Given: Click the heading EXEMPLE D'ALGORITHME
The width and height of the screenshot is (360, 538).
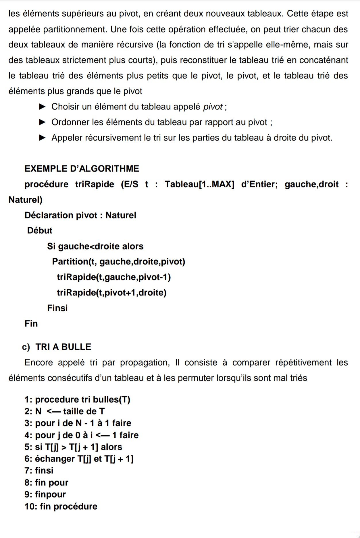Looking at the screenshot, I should coord(82,168).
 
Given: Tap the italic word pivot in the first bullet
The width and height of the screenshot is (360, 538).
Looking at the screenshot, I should coord(213,107).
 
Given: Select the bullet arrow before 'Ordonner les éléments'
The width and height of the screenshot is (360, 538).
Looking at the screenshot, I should coord(42,122).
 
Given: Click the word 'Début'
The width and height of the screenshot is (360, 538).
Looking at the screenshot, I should coord(40,230).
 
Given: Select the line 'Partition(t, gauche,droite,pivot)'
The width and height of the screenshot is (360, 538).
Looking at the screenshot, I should coord(118,262).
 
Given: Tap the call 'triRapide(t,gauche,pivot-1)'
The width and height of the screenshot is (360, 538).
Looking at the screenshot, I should coord(114,277).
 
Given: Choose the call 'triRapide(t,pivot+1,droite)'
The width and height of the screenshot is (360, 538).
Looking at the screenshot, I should coord(111,293).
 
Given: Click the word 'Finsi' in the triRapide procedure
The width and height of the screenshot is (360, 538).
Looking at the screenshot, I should coord(57,308).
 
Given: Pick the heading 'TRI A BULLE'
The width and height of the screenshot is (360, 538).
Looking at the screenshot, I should coord(63,347).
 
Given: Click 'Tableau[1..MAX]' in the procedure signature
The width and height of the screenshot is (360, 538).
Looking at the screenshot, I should coord(199,184).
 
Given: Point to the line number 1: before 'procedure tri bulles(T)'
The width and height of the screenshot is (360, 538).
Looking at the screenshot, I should coord(28,399).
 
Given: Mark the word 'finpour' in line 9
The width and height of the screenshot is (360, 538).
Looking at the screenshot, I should coord(50,494).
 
